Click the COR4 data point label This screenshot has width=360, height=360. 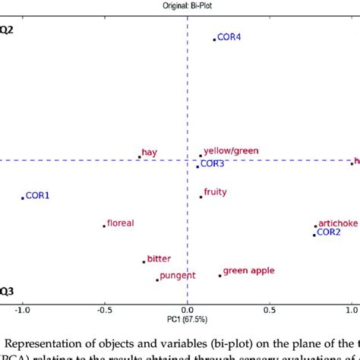[229, 37]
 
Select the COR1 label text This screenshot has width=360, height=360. [37, 196]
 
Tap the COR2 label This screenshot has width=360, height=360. [329, 232]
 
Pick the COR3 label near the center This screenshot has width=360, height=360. [212, 163]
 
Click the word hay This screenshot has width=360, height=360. [150, 153]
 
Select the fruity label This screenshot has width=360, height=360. [216, 192]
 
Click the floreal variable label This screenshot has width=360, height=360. [120, 223]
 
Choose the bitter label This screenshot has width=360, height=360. [159, 259]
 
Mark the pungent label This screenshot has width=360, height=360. [177, 276]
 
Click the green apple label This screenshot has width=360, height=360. [248, 271]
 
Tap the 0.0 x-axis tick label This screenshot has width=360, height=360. [187, 311]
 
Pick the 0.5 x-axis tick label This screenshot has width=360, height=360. [269, 311]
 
